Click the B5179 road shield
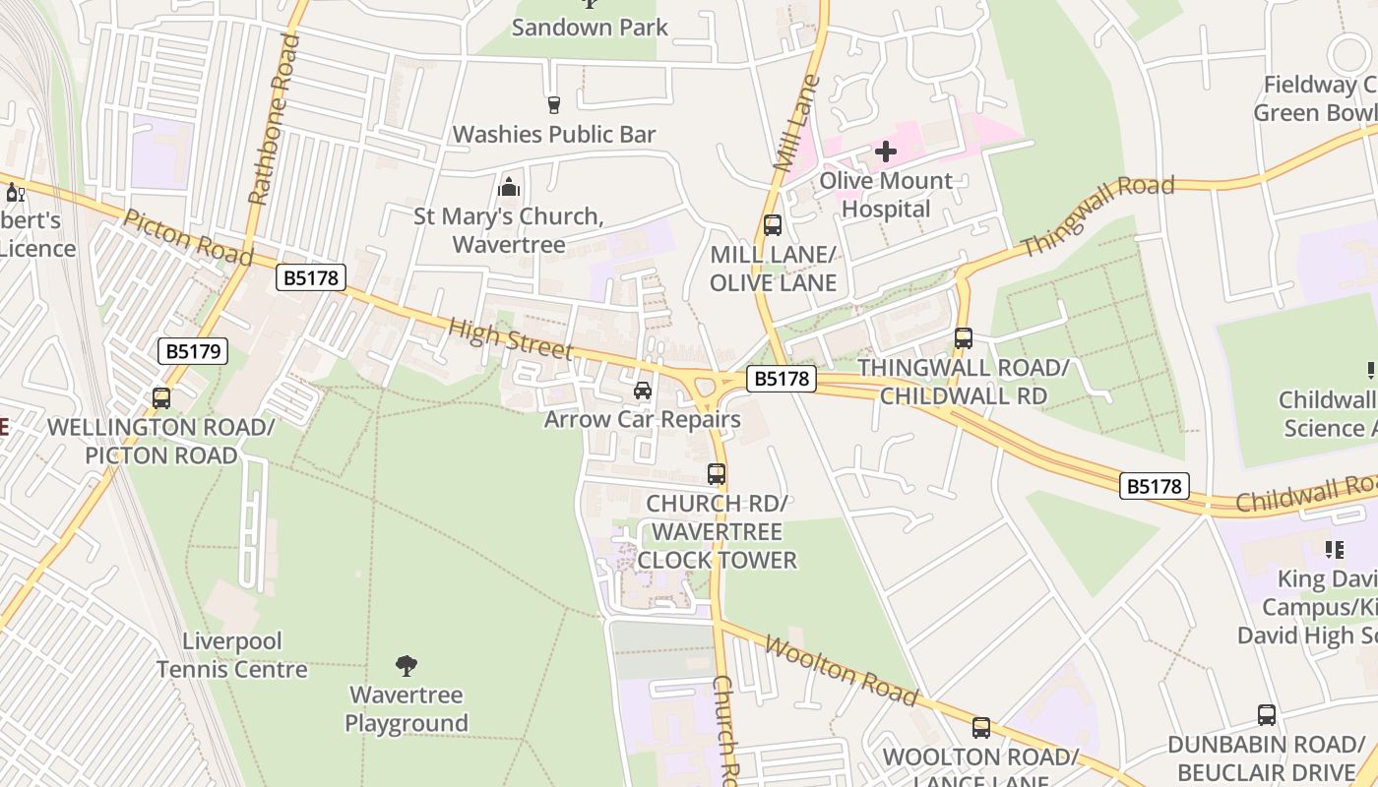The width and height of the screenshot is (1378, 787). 193,351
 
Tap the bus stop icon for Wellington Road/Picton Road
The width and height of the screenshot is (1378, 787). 161,398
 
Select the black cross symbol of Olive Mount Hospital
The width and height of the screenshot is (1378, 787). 886,151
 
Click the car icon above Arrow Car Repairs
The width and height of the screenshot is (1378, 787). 643,391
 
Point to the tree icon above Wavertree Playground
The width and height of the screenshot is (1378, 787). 406,666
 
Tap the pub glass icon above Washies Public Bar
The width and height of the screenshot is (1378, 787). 553,104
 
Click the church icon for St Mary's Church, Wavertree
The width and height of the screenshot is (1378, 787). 509,186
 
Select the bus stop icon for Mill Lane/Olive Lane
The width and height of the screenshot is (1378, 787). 773,225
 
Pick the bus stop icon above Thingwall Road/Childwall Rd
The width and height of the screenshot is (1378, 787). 963,338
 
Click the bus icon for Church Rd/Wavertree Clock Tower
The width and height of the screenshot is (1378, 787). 717,474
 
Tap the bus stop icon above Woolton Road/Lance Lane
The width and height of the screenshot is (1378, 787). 981,728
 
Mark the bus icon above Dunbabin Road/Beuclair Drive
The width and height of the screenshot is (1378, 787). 1267,715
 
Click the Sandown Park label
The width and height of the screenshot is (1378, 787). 590,28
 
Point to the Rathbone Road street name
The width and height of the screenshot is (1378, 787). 275,119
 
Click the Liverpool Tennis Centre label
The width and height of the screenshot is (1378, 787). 232,655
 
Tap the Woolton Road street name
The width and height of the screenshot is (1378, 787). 842,672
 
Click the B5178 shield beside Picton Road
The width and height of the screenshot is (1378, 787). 311,278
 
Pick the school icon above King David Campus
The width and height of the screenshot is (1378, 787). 1334,549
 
